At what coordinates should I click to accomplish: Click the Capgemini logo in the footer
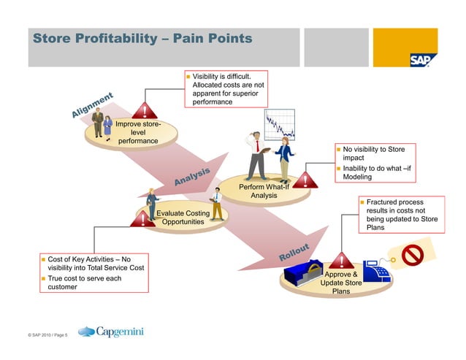pyautogui.click(x=110, y=332)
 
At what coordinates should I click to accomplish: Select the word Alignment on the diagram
pyautogui.click(x=92, y=104)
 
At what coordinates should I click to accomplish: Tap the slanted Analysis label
pyautogui.click(x=191, y=175)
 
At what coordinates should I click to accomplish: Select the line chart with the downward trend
pyautogui.click(x=279, y=126)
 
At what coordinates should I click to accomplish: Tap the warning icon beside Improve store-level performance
pyautogui.click(x=147, y=111)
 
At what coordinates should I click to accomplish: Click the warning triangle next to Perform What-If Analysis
pyautogui.click(x=303, y=180)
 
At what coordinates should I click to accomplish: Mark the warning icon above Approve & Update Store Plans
pyautogui.click(x=340, y=259)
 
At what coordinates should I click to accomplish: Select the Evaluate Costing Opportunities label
pyautogui.click(x=183, y=217)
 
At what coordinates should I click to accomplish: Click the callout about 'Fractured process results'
pyautogui.click(x=401, y=215)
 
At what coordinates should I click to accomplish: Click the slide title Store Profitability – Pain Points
pyautogui.click(x=142, y=38)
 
